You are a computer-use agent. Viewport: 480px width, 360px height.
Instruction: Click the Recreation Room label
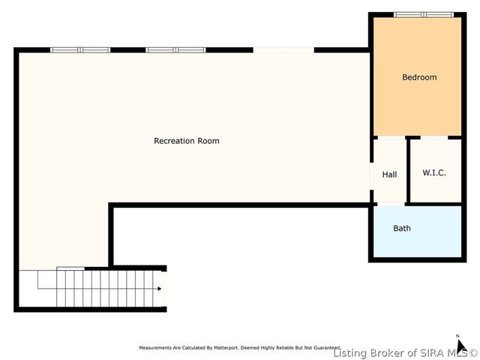click(186, 141)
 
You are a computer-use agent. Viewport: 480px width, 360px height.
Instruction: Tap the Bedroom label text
click(418, 77)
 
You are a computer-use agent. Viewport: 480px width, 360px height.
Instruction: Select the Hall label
click(389, 175)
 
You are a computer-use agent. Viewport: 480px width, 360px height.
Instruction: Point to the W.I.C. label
click(433, 172)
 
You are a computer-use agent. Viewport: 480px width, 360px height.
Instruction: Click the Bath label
click(402, 228)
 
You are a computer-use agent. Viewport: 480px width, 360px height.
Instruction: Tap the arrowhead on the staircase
click(159, 289)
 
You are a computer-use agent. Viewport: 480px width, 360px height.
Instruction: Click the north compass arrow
click(462, 346)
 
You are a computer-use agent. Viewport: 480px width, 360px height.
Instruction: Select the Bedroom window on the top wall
click(424, 14)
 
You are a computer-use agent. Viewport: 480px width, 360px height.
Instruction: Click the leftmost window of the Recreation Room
click(80, 50)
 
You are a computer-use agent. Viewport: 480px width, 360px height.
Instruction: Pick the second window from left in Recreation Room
click(175, 50)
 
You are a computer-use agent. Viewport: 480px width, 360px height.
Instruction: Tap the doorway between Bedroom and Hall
click(389, 137)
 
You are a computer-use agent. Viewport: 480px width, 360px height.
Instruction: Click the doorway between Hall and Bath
click(389, 204)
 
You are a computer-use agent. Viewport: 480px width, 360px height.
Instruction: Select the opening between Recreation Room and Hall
click(371, 176)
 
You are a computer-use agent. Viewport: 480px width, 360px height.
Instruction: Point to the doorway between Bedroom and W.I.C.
click(433, 137)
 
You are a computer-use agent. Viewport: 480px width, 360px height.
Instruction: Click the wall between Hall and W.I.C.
click(407, 171)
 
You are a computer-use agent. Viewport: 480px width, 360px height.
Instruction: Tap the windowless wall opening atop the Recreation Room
click(283, 50)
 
